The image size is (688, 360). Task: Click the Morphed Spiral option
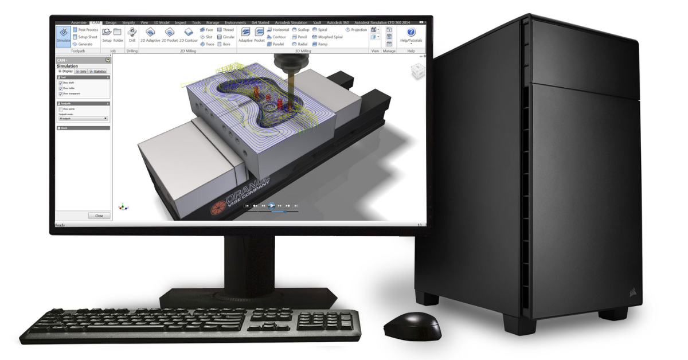click(x=326, y=37)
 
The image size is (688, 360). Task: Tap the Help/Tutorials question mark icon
click(x=411, y=33)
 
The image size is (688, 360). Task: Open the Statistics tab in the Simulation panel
click(x=97, y=71)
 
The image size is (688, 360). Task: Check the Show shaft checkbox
click(x=61, y=83)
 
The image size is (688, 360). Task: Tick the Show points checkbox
click(x=61, y=109)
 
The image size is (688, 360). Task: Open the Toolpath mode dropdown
click(x=83, y=118)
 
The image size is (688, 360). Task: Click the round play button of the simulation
click(x=272, y=205)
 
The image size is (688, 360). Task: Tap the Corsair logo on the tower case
click(x=631, y=294)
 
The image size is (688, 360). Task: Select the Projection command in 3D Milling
click(x=356, y=30)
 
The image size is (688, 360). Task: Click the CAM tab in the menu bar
click(x=96, y=22)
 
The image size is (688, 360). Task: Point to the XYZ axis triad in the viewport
click(x=121, y=206)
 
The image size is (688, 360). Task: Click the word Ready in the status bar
click(x=60, y=225)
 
